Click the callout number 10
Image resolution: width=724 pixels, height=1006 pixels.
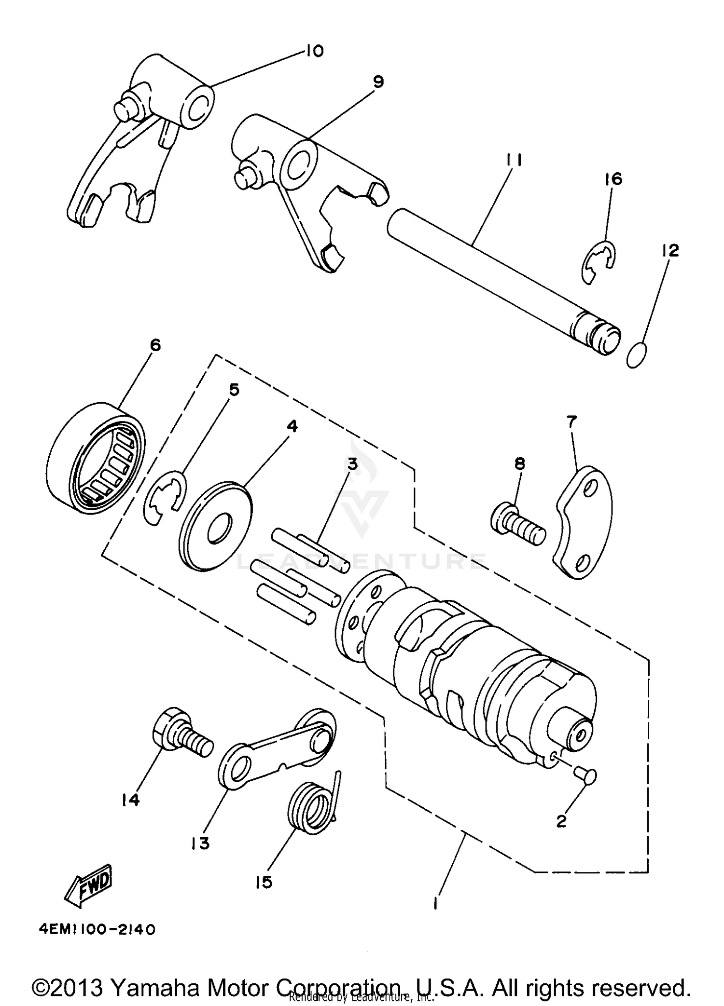coord(314,51)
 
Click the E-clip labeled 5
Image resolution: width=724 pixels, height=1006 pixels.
coord(164,499)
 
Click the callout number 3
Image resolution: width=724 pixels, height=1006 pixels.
coord(353,464)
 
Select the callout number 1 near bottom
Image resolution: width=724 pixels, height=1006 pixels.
coord(436,902)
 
